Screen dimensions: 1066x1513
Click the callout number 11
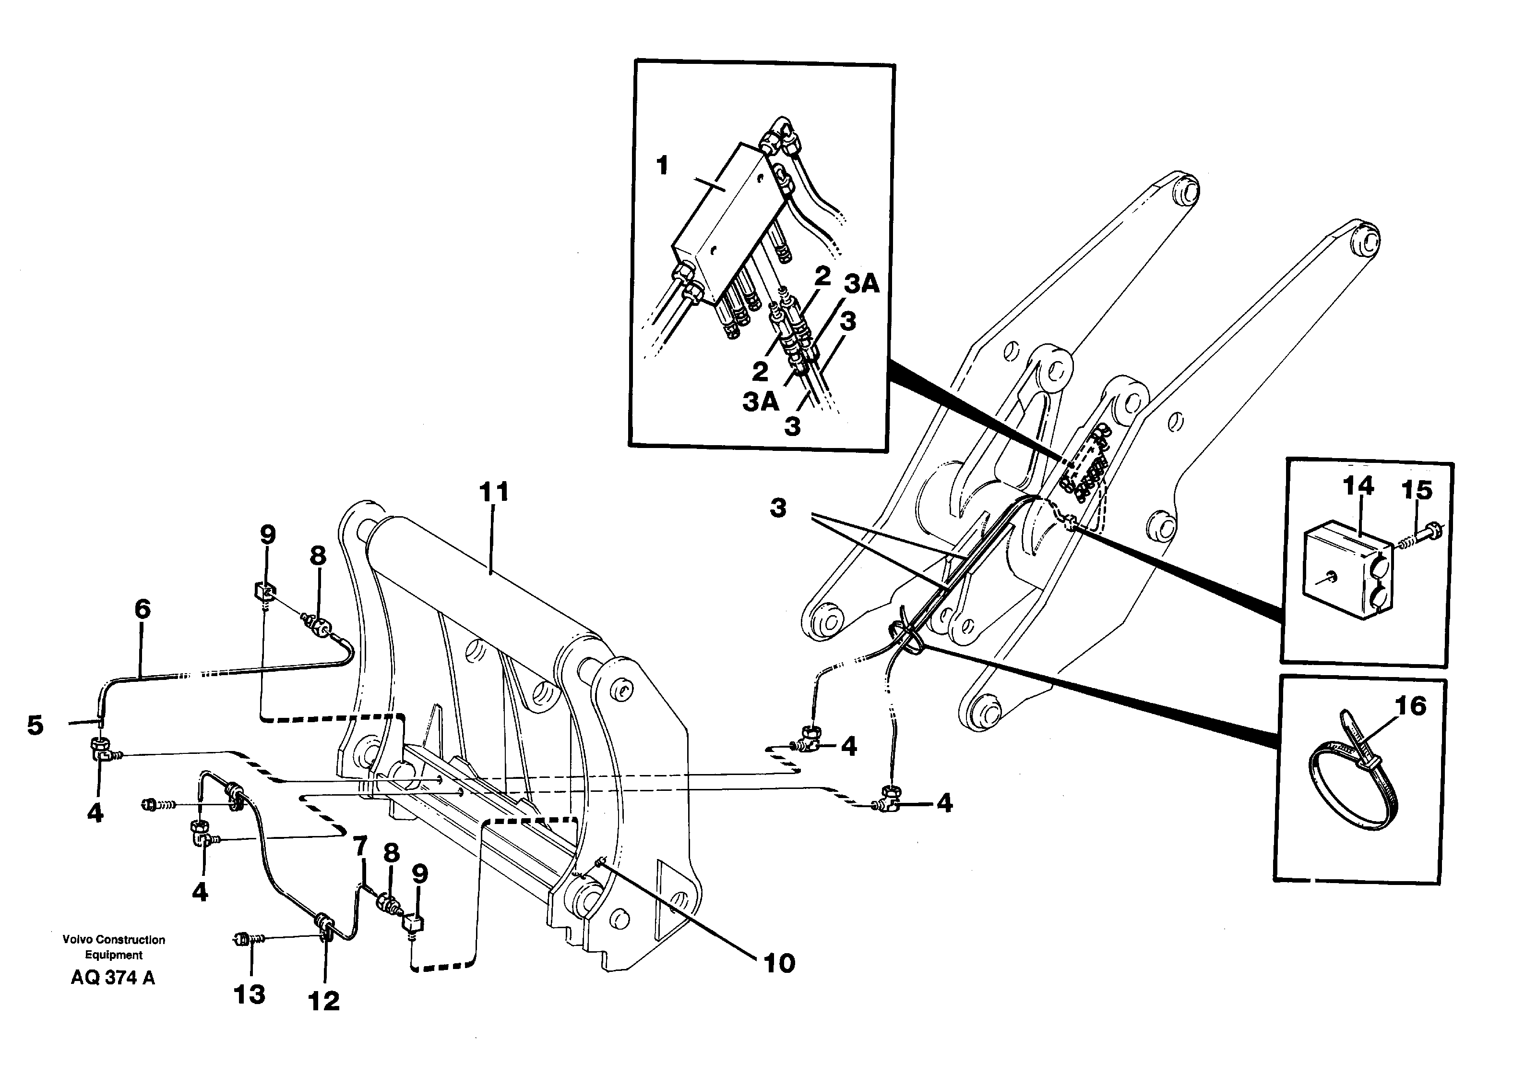(x=494, y=493)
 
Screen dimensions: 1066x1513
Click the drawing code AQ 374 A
(x=113, y=978)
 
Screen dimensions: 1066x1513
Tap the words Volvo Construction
(x=113, y=939)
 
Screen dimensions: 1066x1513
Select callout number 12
(x=323, y=1001)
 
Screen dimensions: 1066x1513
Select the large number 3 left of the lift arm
(x=778, y=509)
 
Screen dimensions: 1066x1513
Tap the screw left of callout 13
(x=244, y=939)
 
